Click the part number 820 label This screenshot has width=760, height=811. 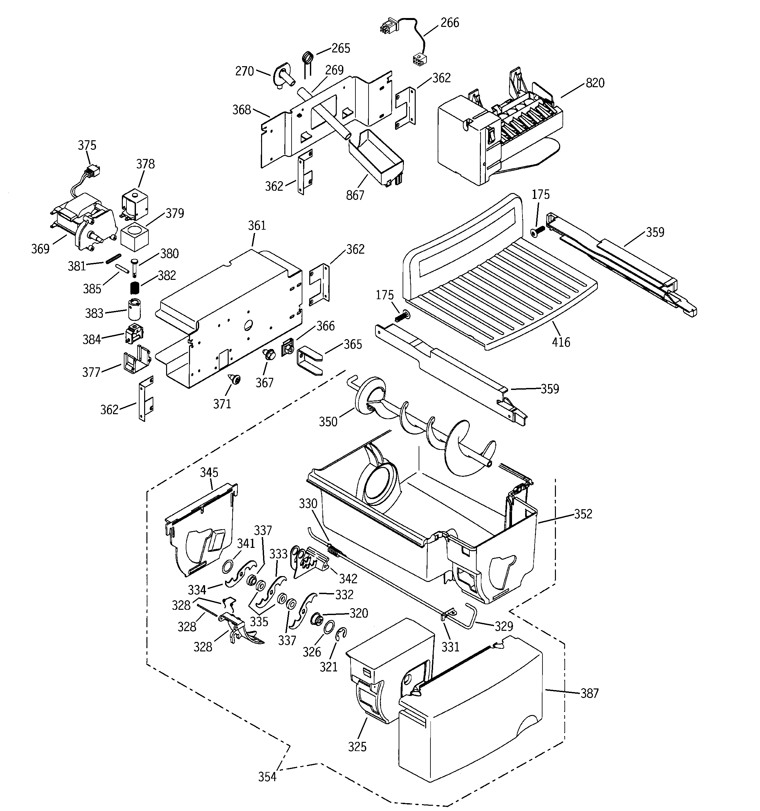pos(595,83)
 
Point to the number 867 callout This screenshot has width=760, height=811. pos(355,195)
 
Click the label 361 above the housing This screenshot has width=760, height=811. pos(256,225)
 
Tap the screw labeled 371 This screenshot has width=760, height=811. pos(236,379)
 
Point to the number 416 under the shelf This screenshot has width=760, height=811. pos(561,342)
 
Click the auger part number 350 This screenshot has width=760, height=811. pos(328,422)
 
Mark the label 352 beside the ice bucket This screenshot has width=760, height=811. pos(583,513)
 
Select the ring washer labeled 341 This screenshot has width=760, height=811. pos(228,566)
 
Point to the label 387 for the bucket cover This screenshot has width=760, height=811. pos(589,693)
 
